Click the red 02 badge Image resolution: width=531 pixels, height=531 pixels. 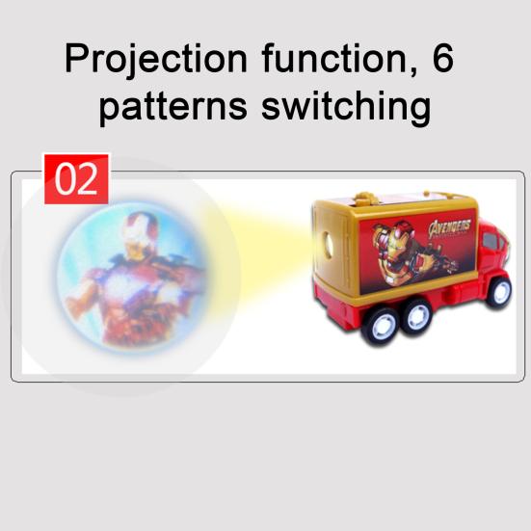coord(77,179)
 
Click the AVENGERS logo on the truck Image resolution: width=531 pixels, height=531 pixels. coord(450,228)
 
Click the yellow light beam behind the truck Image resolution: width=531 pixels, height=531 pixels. coord(260,252)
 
